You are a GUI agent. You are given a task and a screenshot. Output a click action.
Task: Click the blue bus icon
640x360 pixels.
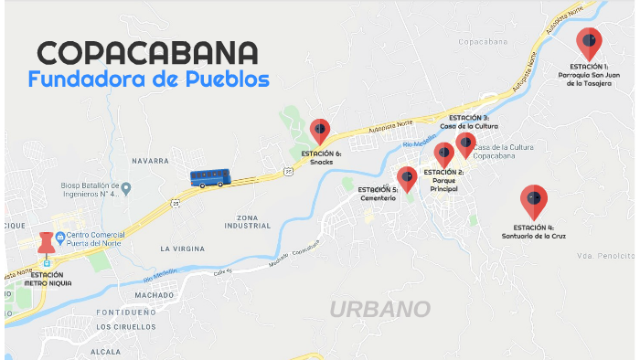[209, 177]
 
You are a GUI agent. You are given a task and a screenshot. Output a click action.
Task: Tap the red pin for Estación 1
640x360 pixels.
[589, 42]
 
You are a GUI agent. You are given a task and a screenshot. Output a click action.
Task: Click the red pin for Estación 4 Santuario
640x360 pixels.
[533, 199]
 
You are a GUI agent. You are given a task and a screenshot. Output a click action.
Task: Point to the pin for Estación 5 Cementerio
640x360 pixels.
[407, 177]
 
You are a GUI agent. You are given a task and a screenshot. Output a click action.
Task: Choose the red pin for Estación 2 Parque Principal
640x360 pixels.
[444, 154]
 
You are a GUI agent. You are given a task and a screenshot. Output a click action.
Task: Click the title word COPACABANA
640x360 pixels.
[146, 52]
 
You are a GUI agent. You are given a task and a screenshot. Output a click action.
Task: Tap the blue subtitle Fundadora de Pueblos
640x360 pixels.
[148, 79]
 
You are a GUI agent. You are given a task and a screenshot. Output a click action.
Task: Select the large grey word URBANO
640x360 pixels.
[379, 309]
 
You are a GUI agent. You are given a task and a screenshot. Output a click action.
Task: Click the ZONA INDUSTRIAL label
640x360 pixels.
[248, 220]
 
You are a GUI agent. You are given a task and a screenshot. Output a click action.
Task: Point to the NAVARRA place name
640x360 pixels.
[150, 160]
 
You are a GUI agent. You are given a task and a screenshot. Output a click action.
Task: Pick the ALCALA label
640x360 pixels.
[106, 352]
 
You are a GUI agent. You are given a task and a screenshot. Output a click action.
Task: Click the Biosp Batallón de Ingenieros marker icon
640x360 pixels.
[126, 188]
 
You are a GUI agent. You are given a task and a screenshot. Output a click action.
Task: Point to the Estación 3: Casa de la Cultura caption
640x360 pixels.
[469, 122]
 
